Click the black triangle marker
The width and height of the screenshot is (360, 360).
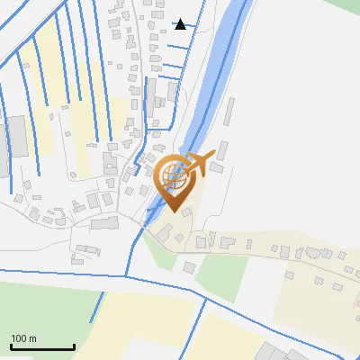click(181, 23)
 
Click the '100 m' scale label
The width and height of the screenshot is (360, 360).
click(23, 338)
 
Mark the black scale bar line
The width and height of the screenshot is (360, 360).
click(42, 346)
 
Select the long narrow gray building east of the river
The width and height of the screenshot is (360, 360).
click(229, 112)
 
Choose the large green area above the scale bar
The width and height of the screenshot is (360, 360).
click(45, 306)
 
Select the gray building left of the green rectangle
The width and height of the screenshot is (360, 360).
click(189, 266)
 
